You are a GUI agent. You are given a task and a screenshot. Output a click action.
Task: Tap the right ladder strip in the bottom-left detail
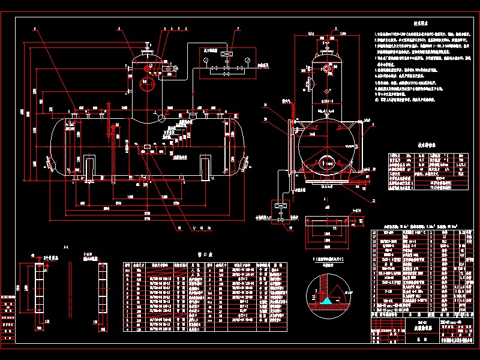coord(100,294)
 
